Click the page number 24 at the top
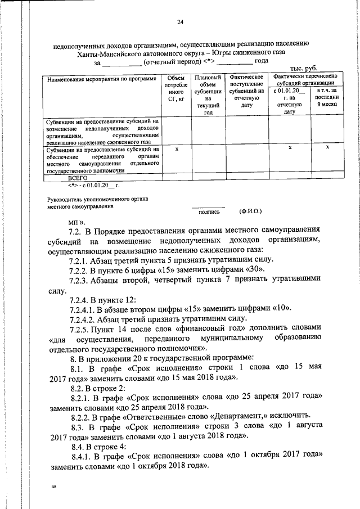pyautogui.click(x=180, y=22)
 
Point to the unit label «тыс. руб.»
pyautogui.click(x=304, y=68)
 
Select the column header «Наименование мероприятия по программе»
pyautogui.click(x=102, y=79)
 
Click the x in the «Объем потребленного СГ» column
pyautogui.click(x=177, y=149)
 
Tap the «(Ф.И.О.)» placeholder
pyautogui.click(x=250, y=211)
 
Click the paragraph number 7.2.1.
pyautogui.click(x=80, y=260)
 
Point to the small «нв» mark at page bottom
pyautogui.click(x=53, y=487)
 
